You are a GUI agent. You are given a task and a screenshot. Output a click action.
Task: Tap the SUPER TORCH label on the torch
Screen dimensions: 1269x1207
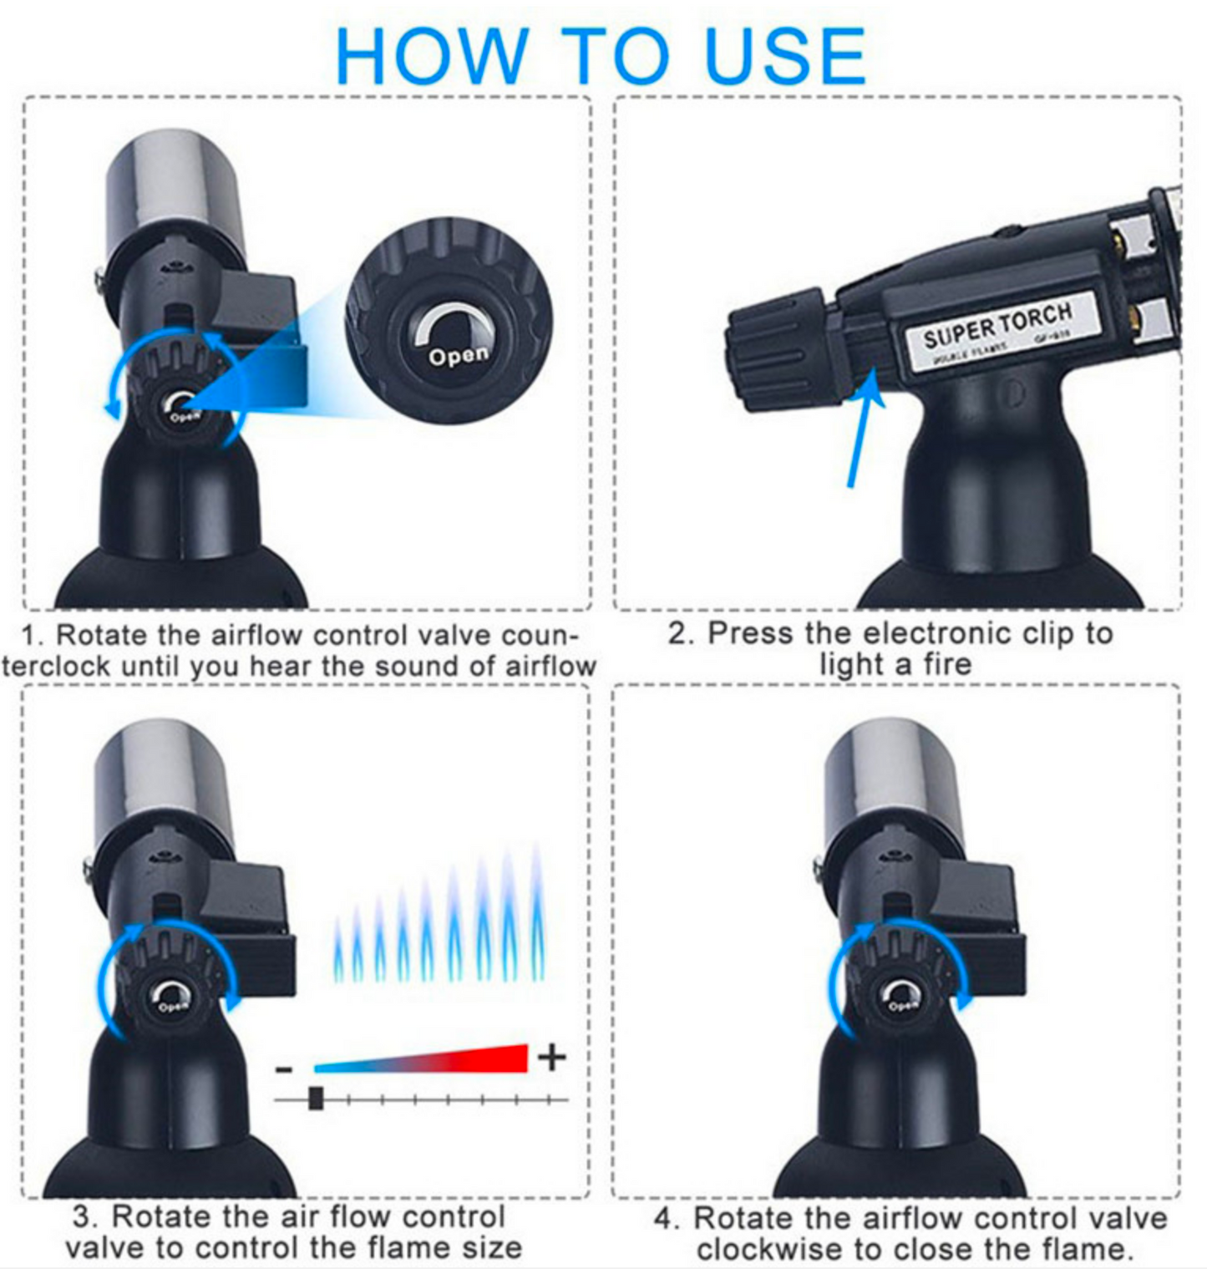tap(997, 327)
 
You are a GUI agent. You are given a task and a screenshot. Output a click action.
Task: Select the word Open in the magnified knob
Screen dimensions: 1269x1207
tap(458, 356)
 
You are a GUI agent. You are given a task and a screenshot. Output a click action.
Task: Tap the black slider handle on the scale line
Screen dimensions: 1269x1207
tap(316, 1098)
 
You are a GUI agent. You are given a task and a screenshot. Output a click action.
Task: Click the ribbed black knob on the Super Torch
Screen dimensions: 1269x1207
tap(777, 351)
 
